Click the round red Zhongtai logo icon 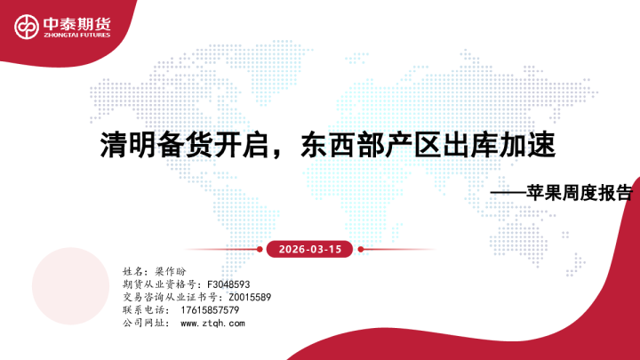coord(25,28)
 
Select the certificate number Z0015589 coord(250,296)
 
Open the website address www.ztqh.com coord(212,324)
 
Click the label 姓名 coord(134,269)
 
